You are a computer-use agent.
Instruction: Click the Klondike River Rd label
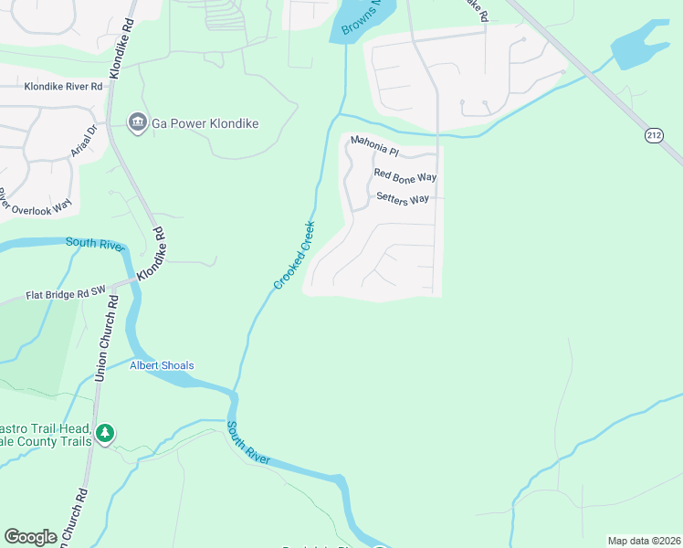[63, 86]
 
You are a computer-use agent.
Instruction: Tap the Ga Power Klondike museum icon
[138, 122]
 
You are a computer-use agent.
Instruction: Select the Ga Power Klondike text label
[205, 122]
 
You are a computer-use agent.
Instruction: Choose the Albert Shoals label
[162, 365]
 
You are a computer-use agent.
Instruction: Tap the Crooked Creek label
[295, 256]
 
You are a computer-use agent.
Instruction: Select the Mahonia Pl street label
[375, 142]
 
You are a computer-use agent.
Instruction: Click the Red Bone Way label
[405, 175]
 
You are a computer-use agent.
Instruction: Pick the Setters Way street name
[402, 198]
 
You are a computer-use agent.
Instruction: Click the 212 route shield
[653, 135]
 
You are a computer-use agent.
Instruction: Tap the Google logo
[30, 537]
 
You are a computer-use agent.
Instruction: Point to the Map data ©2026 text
[644, 540]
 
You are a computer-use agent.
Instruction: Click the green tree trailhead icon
[106, 432]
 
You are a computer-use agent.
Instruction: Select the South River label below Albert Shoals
[248, 443]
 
